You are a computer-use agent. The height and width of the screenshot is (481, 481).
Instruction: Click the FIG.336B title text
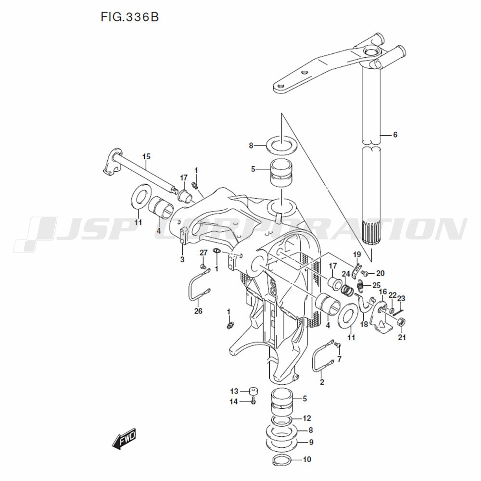[129, 17]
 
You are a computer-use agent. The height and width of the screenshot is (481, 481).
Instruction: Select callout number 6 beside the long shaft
[395, 135]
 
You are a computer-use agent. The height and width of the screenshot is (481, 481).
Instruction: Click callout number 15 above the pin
[146, 156]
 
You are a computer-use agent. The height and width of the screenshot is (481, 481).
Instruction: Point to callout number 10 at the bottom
[307, 459]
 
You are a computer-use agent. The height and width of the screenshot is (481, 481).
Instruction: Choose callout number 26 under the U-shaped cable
[198, 311]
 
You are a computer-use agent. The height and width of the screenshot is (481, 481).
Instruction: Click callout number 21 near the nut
[402, 337]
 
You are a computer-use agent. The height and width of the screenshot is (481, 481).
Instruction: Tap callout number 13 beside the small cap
[234, 391]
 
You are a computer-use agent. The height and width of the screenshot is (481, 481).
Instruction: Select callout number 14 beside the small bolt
[234, 402]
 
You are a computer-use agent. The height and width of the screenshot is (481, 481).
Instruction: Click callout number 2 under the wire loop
[322, 382]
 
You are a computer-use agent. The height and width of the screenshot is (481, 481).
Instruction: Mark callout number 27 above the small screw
[203, 253]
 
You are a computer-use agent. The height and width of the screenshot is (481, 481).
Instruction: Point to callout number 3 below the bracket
[182, 260]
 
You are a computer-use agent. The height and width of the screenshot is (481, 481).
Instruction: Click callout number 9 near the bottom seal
[311, 442]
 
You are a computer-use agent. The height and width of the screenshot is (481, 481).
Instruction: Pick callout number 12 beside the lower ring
[307, 418]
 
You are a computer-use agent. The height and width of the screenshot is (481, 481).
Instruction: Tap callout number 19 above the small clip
[357, 254]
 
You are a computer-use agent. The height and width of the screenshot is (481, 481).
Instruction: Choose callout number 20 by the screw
[380, 273]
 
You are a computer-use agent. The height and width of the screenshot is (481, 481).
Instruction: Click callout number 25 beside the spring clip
[376, 285]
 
